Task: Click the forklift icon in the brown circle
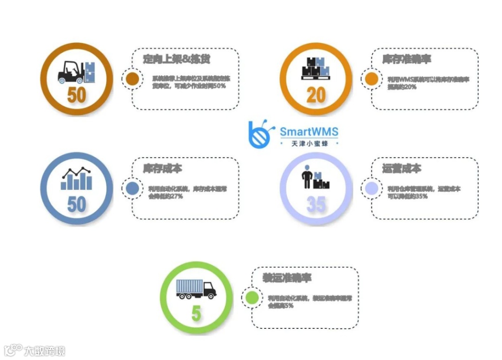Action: [x=76, y=73]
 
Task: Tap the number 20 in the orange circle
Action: [x=316, y=95]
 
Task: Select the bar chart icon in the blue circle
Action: [x=76, y=179]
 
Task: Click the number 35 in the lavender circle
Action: [x=316, y=204]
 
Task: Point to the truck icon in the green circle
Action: [x=196, y=289]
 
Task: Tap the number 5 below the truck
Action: [x=196, y=314]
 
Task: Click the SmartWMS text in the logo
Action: [x=309, y=132]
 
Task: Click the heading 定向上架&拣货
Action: [x=176, y=60]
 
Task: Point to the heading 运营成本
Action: [x=401, y=168]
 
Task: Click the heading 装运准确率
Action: [x=286, y=278]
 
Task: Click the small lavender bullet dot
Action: [x=371, y=188]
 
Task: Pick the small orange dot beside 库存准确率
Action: [x=371, y=79]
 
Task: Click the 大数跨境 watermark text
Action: [x=45, y=351]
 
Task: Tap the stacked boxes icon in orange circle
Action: [x=316, y=69]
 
